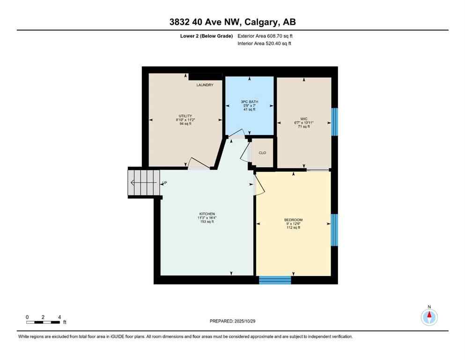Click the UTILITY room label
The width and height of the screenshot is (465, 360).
(185, 116)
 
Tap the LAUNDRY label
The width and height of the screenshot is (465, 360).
(205, 85)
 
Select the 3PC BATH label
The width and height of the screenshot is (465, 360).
(249, 102)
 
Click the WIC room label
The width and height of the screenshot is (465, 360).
(304, 119)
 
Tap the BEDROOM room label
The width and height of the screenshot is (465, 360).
(293, 220)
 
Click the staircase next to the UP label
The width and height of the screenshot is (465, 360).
(143, 183)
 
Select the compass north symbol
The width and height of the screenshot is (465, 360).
(429, 316)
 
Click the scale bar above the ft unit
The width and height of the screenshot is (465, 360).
(43, 322)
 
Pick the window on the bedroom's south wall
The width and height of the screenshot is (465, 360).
(275, 280)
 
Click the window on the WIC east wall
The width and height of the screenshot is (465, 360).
(334, 122)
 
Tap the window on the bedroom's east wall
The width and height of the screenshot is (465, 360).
(334, 230)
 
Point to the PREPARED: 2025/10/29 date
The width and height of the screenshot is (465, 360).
(232, 321)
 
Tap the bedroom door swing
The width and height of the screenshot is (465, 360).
(259, 186)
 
